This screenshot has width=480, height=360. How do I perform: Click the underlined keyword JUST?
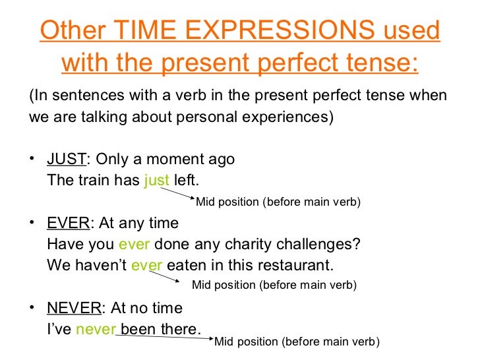coord(67,160)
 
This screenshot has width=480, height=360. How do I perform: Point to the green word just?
coord(156,180)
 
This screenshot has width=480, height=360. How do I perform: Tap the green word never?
coord(96,328)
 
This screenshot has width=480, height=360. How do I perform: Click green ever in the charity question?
coord(135,244)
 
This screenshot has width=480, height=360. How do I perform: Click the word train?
coord(89,180)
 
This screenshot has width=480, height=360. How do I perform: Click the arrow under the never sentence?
coord(164,334)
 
